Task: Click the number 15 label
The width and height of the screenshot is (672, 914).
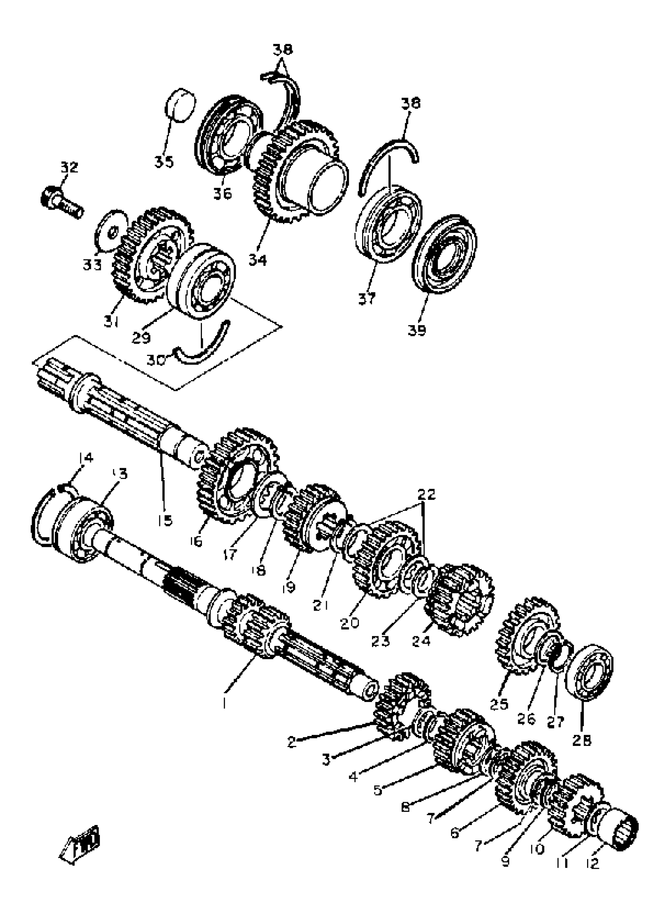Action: (165, 520)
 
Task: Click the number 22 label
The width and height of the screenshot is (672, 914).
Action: (426, 494)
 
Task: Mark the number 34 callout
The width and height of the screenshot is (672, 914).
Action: (258, 259)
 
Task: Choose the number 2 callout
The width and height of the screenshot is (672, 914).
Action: (291, 742)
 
